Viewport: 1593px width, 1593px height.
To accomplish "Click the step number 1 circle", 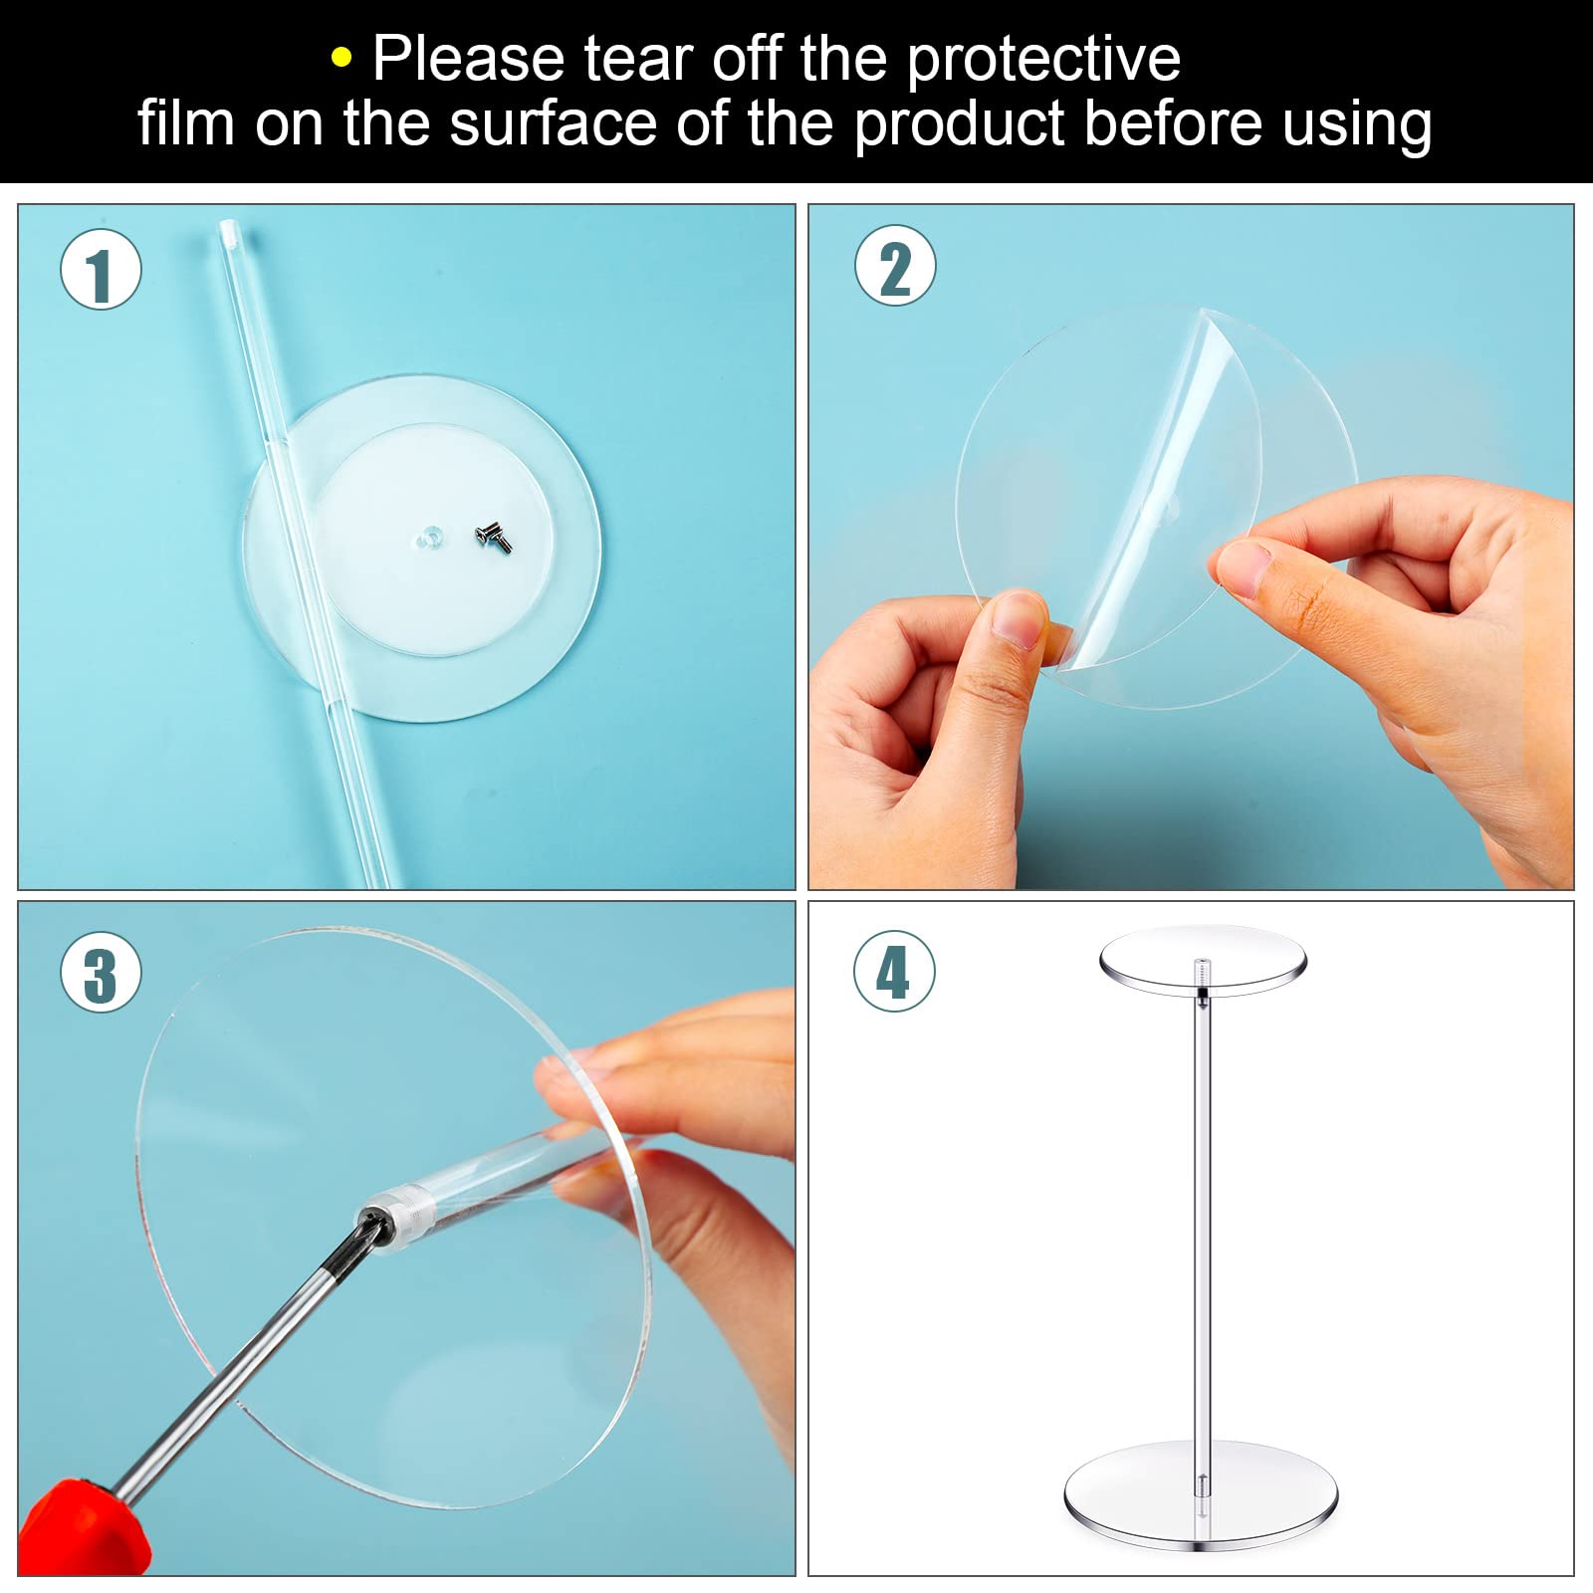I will click(x=101, y=270).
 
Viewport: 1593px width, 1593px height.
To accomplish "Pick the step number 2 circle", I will click(x=895, y=266).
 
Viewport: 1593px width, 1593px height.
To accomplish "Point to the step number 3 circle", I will click(x=101, y=973).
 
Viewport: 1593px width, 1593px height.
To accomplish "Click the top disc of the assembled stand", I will click(x=1203, y=953).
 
